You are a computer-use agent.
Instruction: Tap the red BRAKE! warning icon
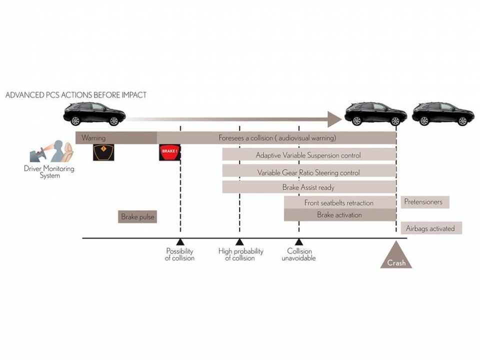[169, 152]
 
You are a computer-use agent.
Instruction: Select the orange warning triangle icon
[103, 152]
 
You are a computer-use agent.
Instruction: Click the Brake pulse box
[137, 217]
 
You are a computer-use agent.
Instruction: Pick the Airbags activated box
[430, 228]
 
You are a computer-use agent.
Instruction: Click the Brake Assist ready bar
[308, 187]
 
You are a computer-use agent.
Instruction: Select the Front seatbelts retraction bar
[339, 202]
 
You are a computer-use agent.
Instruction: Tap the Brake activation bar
[339, 215]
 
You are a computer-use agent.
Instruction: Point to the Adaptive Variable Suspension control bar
[308, 155]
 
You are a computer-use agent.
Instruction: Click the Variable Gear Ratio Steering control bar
[308, 172]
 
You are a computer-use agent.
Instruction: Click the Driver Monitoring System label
[49, 172]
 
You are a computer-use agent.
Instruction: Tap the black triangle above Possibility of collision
[180, 242]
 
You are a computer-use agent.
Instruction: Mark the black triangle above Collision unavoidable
[299, 242]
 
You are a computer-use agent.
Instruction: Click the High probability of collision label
[240, 254]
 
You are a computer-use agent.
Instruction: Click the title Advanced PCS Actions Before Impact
[76, 94]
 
